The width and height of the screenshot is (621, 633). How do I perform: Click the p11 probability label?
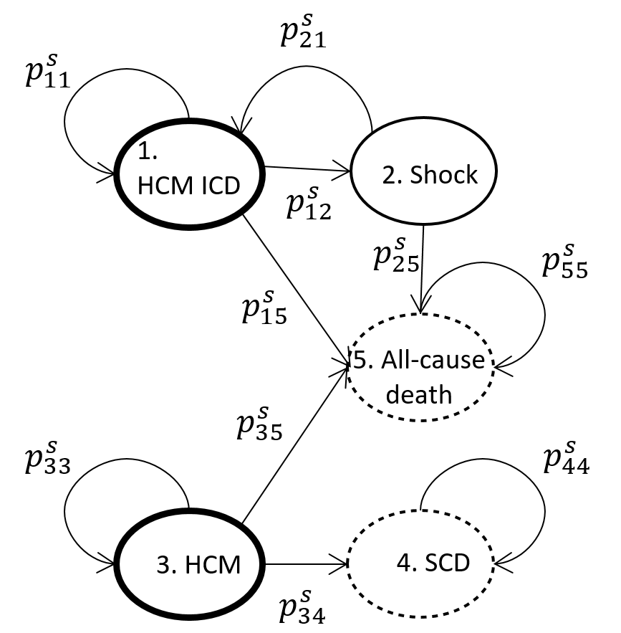45,72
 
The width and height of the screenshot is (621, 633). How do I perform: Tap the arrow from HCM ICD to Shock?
308,170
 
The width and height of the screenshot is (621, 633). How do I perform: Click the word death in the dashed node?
418,394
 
